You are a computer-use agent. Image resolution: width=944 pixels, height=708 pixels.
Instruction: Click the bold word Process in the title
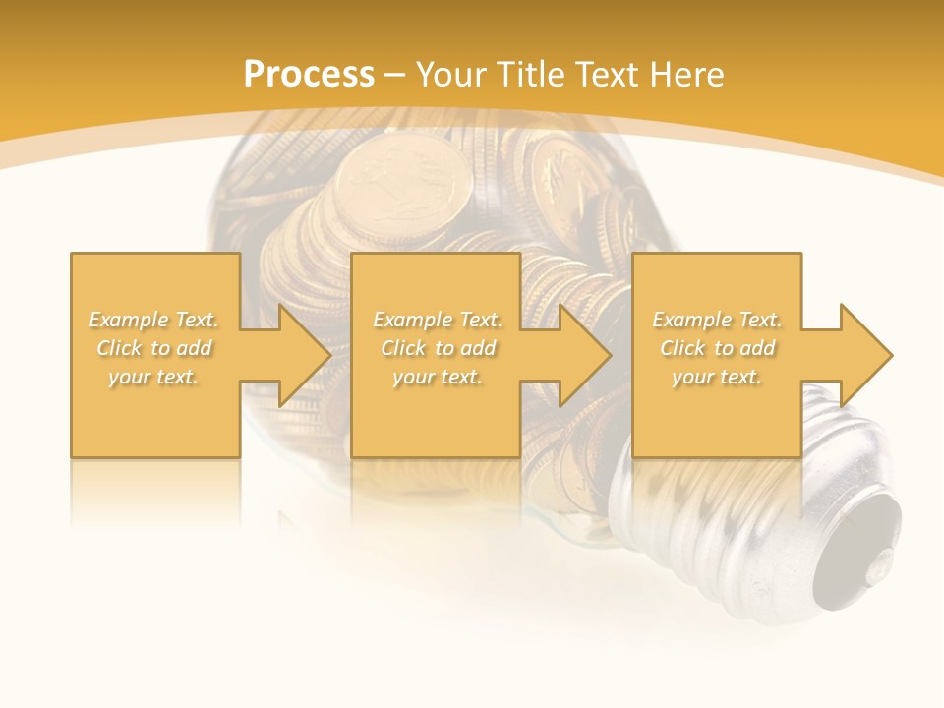[309, 74]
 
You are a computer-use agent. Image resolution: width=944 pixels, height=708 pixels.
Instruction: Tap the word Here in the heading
[688, 75]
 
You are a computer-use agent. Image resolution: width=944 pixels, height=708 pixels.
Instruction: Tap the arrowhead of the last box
[864, 355]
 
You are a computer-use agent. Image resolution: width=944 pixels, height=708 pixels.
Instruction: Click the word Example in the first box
[128, 320]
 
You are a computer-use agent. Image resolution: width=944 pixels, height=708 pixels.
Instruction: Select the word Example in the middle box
[412, 320]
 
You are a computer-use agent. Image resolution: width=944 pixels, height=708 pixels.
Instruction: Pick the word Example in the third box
[691, 320]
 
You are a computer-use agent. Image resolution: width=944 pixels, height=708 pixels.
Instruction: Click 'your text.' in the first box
[153, 377]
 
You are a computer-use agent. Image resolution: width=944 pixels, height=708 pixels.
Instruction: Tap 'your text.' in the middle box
[437, 377]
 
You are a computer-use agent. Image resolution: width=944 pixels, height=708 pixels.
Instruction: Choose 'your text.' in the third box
[717, 377]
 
